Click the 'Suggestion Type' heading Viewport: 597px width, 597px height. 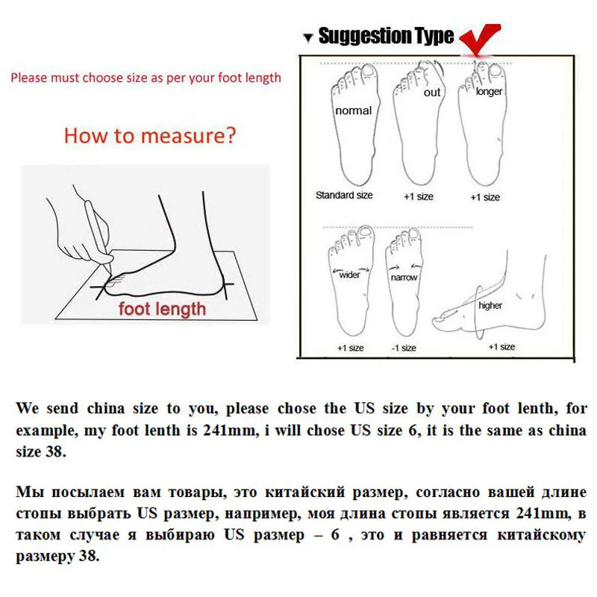(x=386, y=36)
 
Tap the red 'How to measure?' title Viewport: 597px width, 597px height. (x=150, y=136)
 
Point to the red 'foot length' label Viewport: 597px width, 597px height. (x=162, y=308)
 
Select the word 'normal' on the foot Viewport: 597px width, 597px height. (x=353, y=110)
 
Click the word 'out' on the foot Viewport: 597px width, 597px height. (x=432, y=93)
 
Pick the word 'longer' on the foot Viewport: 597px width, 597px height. (x=490, y=92)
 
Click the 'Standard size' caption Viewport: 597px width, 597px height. (x=344, y=196)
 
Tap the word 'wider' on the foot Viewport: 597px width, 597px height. (x=349, y=274)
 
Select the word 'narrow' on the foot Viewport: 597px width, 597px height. (x=404, y=277)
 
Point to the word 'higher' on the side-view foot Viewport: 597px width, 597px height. (x=490, y=305)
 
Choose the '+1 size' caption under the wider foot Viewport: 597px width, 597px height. (x=349, y=348)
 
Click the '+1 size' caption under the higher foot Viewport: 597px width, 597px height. (x=501, y=347)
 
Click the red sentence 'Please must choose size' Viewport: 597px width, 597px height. (x=146, y=78)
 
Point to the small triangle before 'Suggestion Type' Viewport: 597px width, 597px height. (x=307, y=37)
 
